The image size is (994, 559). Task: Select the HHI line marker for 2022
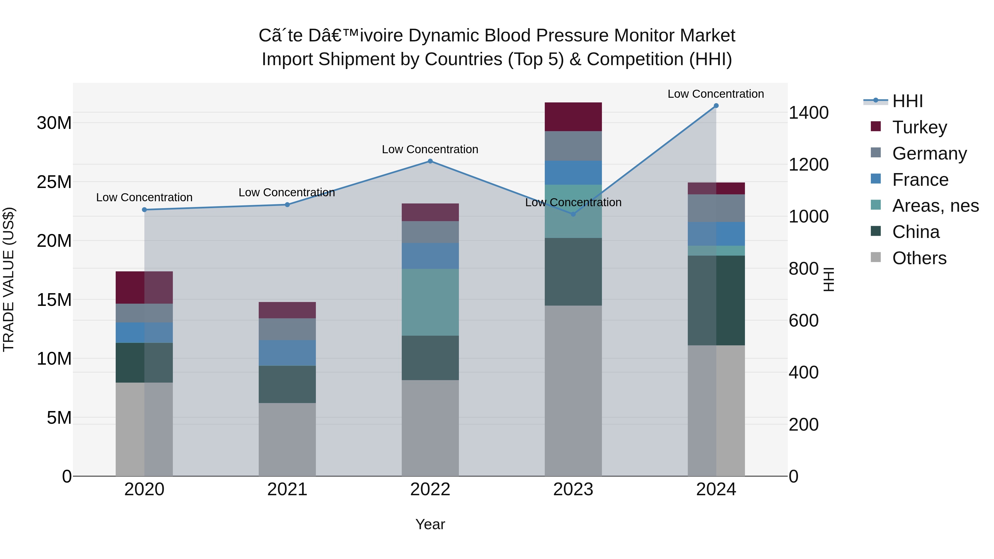(x=430, y=161)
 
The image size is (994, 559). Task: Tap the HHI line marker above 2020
(x=144, y=210)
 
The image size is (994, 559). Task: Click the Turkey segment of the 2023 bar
(x=573, y=117)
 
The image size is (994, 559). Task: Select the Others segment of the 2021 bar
(x=287, y=439)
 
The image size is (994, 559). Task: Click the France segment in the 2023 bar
(x=573, y=173)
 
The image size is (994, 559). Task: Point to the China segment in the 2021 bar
(x=287, y=384)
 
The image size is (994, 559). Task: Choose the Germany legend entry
(x=929, y=153)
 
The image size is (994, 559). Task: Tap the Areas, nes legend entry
(x=935, y=206)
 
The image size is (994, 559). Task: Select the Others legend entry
(x=919, y=258)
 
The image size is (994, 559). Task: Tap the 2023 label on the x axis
(x=573, y=489)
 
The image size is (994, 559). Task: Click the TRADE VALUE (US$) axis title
(x=9, y=279)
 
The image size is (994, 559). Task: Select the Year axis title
(x=430, y=524)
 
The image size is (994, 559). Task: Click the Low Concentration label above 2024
(x=716, y=94)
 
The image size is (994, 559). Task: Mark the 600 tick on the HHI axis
(x=803, y=320)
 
